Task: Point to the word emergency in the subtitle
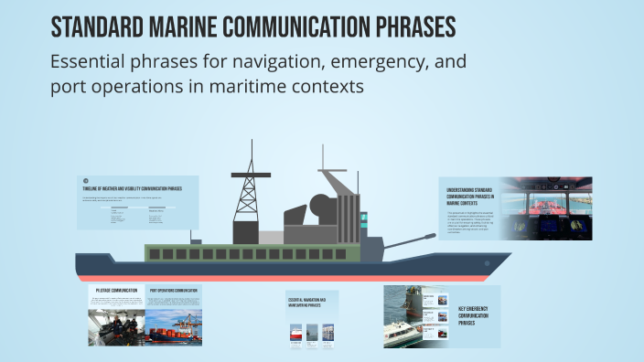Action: pos(349,63)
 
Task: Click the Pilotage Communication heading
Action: pos(116,290)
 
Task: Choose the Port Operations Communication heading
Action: pos(174,290)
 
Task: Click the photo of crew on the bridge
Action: pos(115,326)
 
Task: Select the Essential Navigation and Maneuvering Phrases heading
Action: pos(312,302)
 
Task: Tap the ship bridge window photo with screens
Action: pos(548,208)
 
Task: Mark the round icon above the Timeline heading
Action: pos(85,180)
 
